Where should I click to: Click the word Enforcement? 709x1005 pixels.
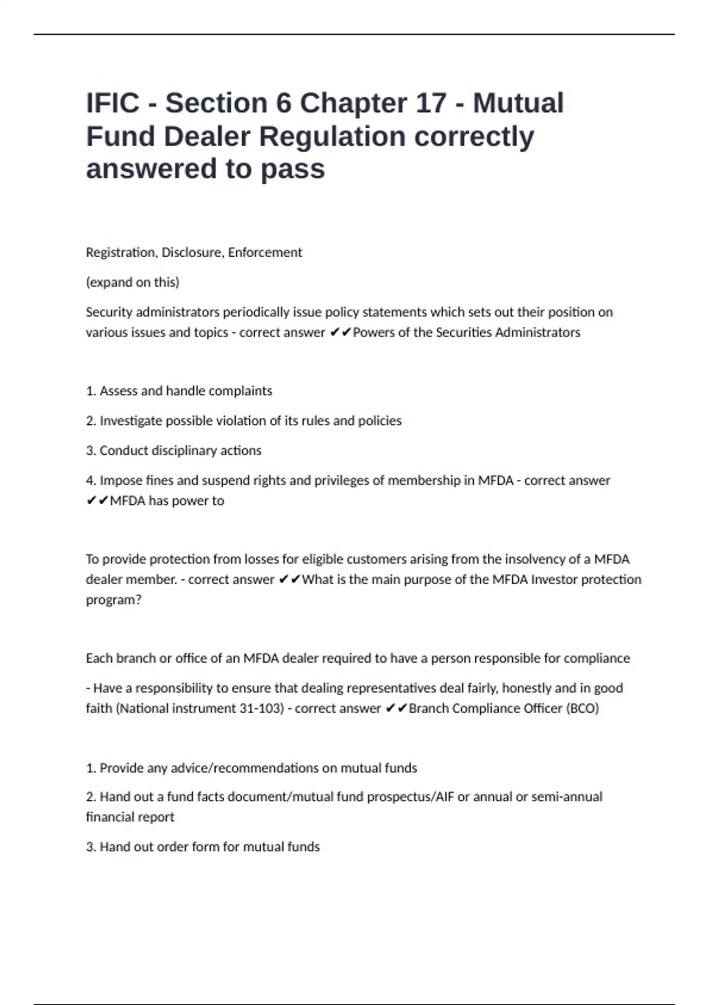point(265,252)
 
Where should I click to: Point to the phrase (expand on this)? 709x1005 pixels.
point(132,282)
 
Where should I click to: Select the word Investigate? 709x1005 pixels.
point(132,420)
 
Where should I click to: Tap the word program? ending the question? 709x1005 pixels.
point(113,599)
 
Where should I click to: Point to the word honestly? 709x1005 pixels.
point(526,688)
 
